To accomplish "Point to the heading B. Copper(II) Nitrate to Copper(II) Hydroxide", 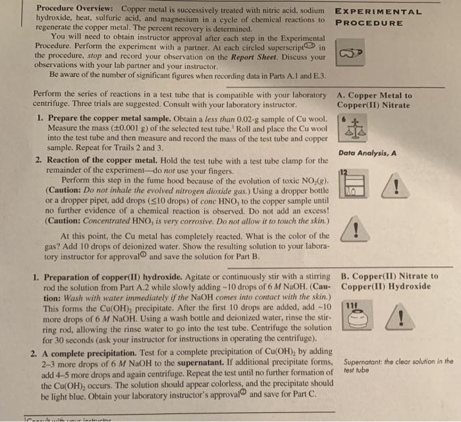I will click(x=391, y=281).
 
